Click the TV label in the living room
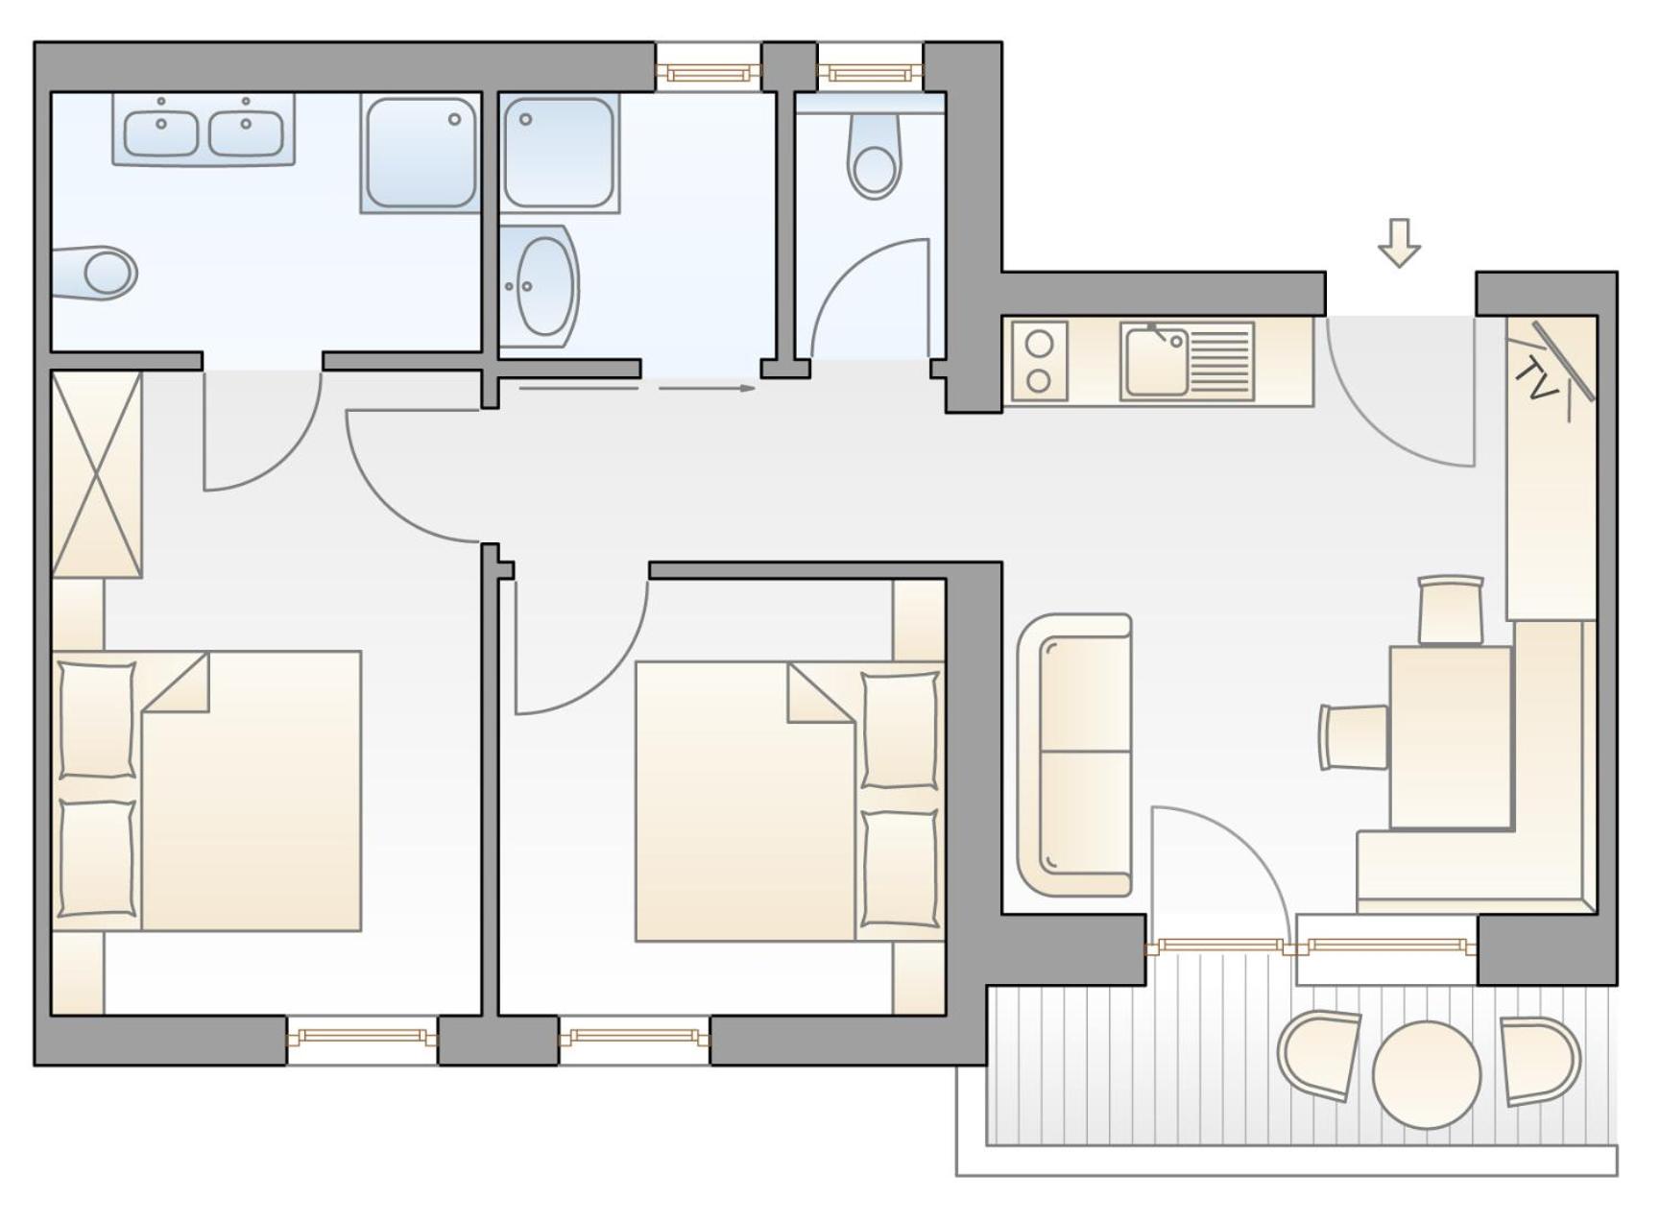[1536, 380]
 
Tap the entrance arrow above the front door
[1399, 242]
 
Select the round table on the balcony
[1426, 1074]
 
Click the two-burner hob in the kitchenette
[1039, 361]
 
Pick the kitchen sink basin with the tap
[1157, 361]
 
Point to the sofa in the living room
[1074, 755]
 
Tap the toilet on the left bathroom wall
[94, 273]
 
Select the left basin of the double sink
[161, 133]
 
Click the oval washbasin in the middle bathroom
[544, 286]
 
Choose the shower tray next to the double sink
[421, 153]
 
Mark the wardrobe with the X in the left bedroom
[97, 474]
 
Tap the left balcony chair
[1318, 1054]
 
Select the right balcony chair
[1540, 1060]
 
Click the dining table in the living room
[1451, 737]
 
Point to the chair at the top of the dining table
[1451, 610]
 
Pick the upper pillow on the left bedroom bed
[97, 719]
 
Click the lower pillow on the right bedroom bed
[900, 869]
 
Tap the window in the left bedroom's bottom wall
[362, 1037]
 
